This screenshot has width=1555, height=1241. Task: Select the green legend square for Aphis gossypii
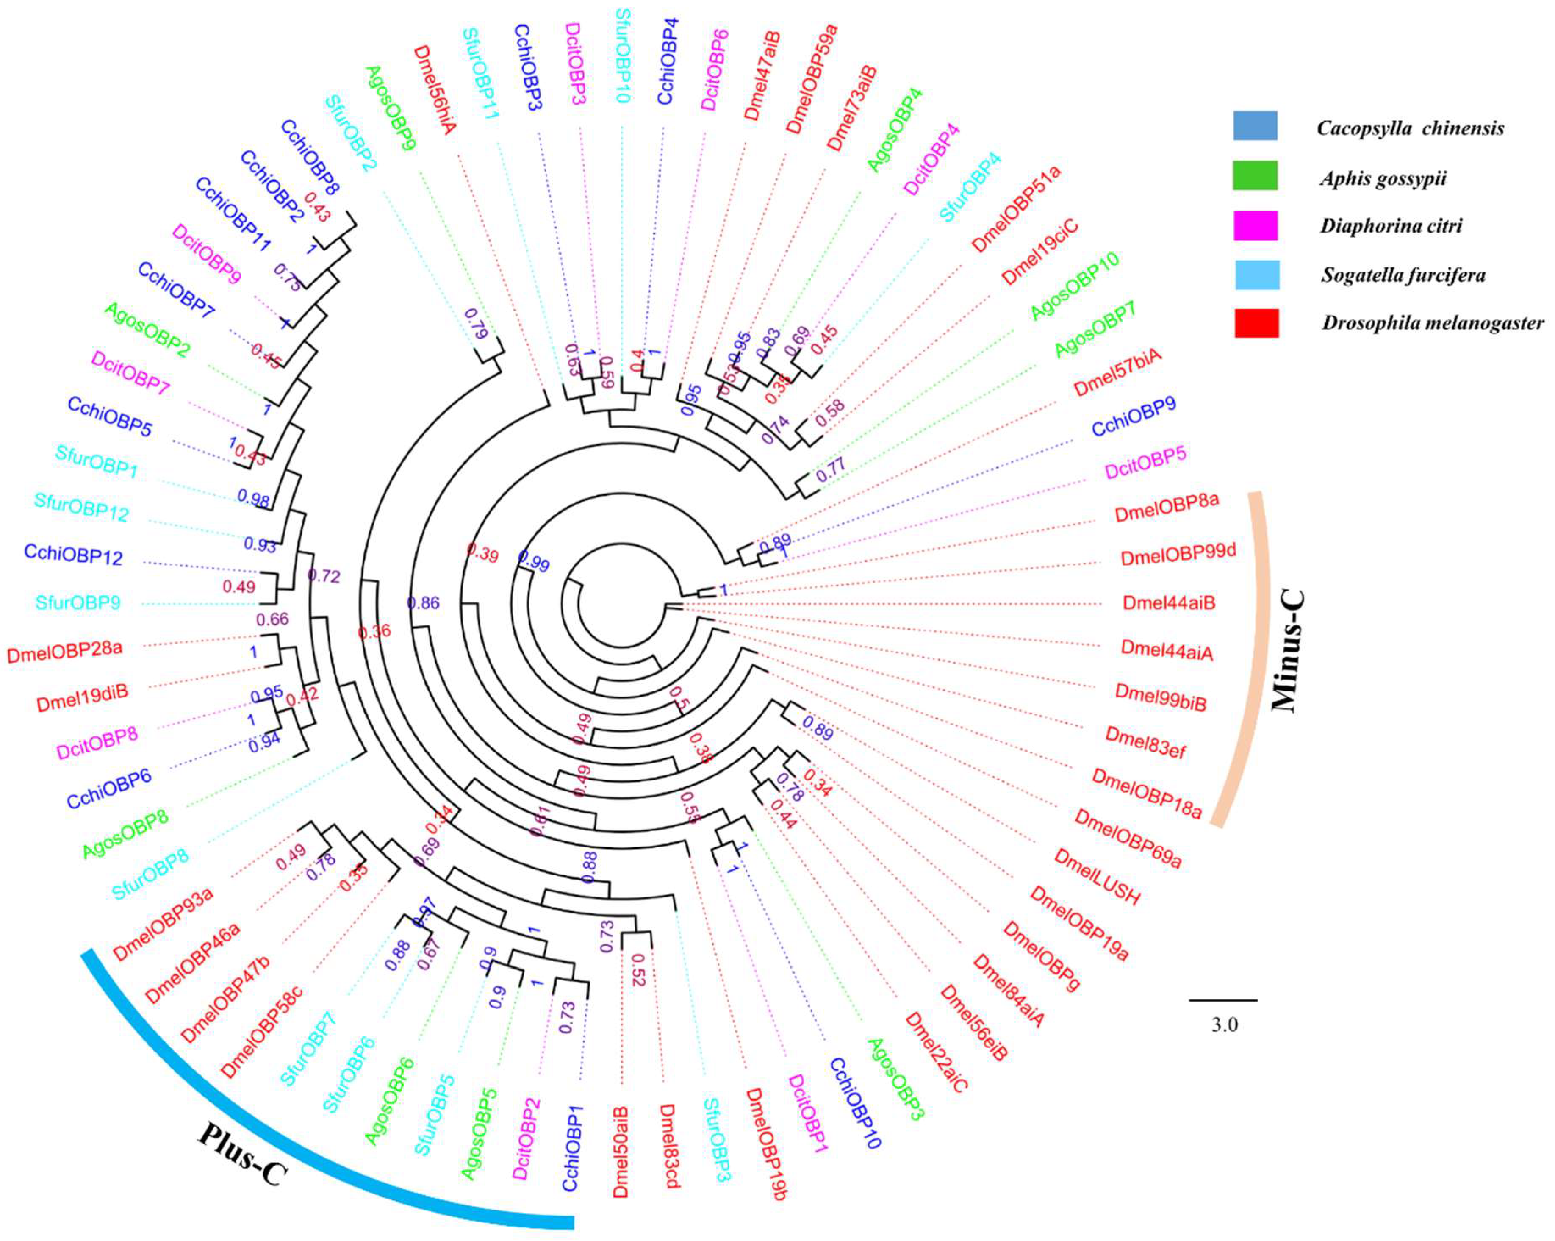pyautogui.click(x=1256, y=175)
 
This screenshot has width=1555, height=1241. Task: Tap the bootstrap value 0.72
pyautogui.click(x=324, y=576)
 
